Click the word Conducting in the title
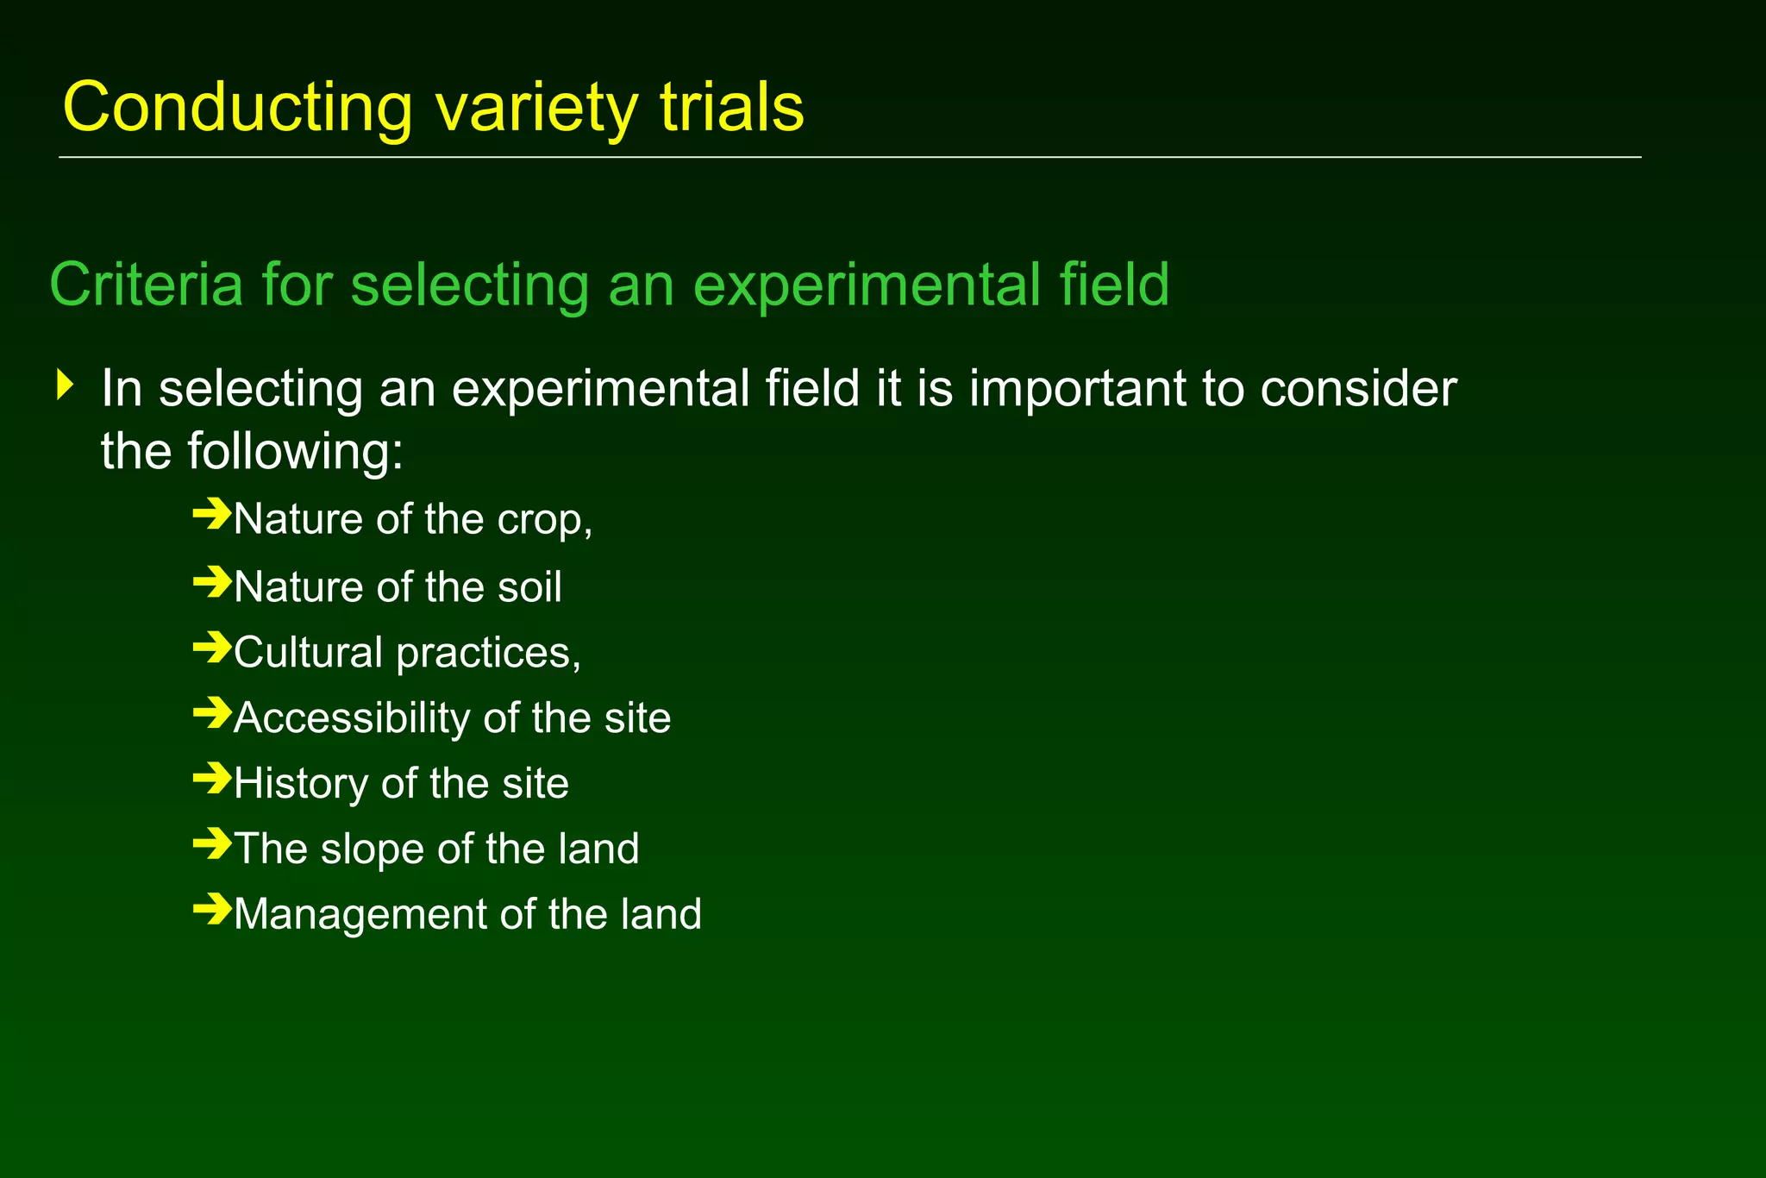coord(237,108)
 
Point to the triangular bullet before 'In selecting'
coord(65,385)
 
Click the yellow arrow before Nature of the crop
coord(211,516)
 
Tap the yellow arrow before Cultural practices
coord(211,648)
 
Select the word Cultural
coord(308,652)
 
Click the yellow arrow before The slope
coord(211,844)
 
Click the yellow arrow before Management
coord(211,910)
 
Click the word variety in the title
coord(536,108)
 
